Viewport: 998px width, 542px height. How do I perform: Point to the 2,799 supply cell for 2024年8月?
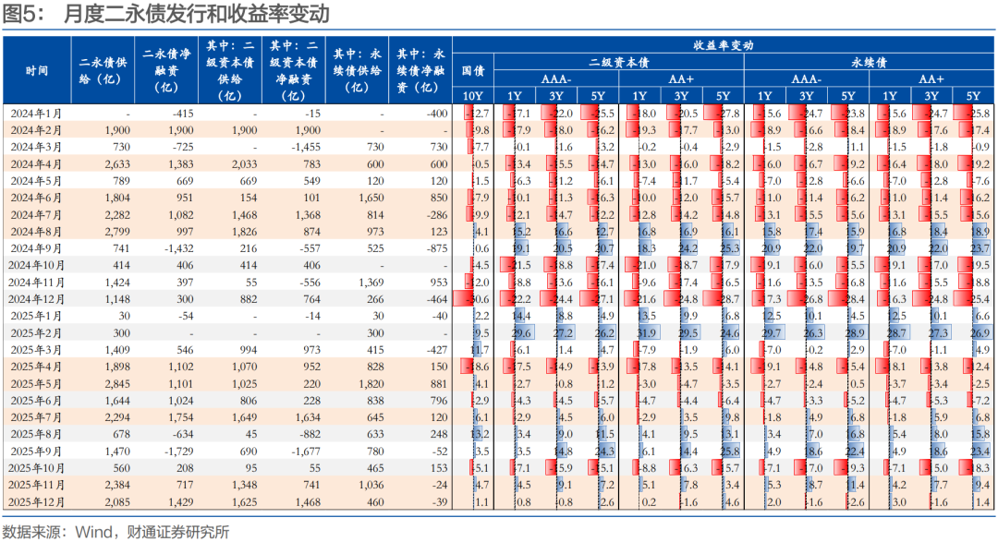click(116, 231)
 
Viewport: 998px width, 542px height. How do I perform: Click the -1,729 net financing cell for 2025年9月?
click(181, 451)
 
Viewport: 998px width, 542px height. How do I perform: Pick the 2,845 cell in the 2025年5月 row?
click(116, 383)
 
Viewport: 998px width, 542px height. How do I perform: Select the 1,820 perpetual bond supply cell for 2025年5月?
click(370, 383)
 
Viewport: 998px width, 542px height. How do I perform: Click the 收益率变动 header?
click(724, 45)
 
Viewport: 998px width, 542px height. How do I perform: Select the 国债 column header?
click(472, 70)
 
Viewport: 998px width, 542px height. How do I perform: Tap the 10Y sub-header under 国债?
click(472, 96)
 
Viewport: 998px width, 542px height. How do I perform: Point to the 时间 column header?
click(37, 70)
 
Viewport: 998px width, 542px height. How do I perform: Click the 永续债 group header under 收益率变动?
click(869, 62)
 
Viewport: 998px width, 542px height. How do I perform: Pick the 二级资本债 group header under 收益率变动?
click(618, 62)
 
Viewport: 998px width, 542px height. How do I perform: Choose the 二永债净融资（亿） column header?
click(166, 70)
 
